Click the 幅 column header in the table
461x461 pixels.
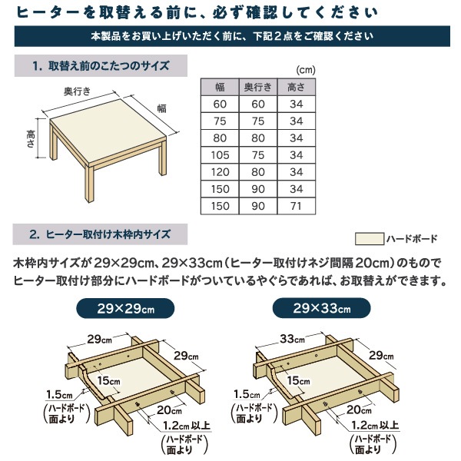[x=220, y=87]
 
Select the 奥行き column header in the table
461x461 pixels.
[x=258, y=87]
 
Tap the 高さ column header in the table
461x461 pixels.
[x=296, y=87]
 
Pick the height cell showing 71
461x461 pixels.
[x=296, y=206]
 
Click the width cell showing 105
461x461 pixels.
[x=220, y=155]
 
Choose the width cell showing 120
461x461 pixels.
[x=220, y=172]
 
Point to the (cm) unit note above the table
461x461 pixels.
[x=306, y=70]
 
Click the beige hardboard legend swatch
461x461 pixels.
[x=370, y=238]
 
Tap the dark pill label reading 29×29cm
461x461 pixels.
[x=125, y=308]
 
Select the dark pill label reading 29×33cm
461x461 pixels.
[x=322, y=308]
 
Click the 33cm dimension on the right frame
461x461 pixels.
[x=292, y=339]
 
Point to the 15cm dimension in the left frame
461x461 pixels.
[x=109, y=381]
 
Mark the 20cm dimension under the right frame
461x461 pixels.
[x=359, y=410]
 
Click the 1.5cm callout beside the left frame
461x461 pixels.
[x=59, y=395]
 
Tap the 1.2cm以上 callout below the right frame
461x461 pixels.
[x=375, y=425]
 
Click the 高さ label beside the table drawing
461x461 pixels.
[x=31, y=139]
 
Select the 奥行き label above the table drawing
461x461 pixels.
[x=77, y=91]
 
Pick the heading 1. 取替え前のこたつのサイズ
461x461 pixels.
[x=101, y=65]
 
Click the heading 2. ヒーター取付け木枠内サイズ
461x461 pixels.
[x=100, y=234]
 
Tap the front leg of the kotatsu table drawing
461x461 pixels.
[x=89, y=183]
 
